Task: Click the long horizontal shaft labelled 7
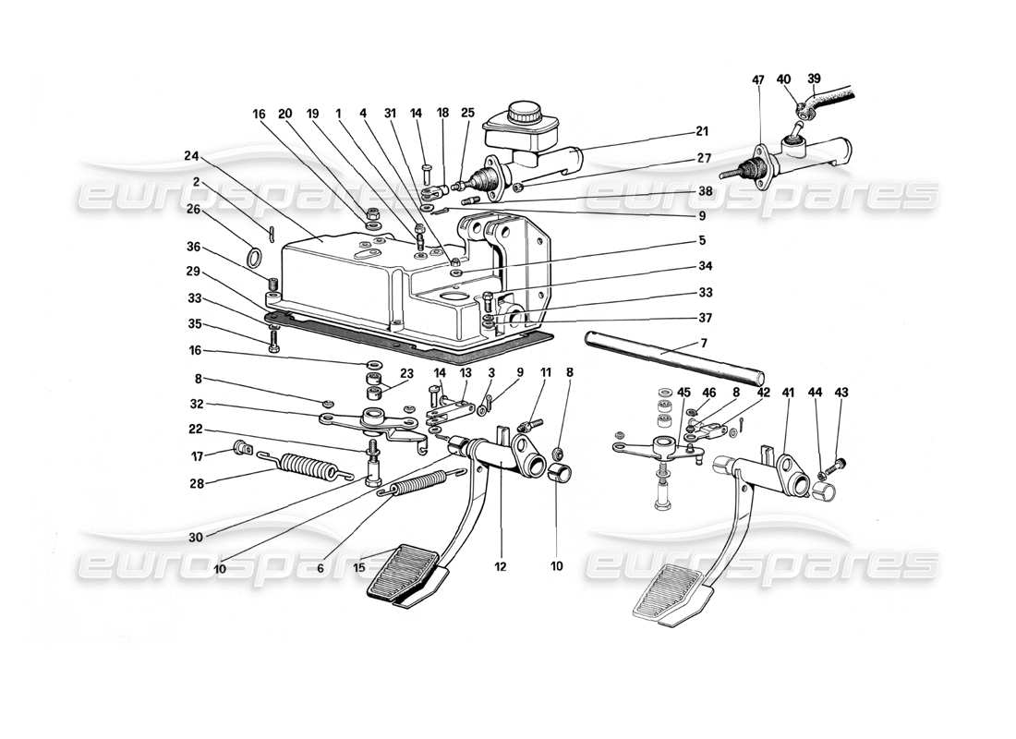coord(674,360)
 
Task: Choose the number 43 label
coord(841,393)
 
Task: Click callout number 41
coord(788,393)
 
